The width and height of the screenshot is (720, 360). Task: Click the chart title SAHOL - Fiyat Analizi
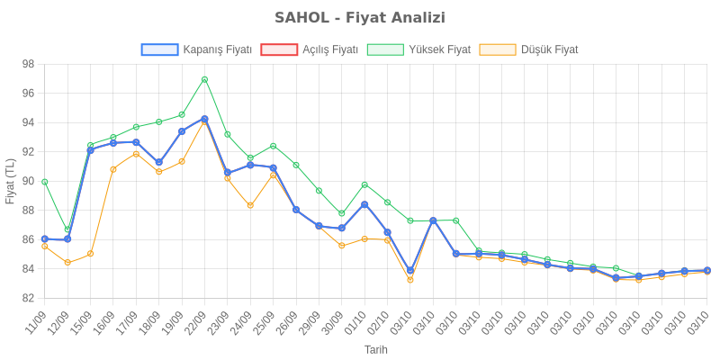(x=360, y=18)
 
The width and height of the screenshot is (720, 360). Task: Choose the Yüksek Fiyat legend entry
(x=419, y=50)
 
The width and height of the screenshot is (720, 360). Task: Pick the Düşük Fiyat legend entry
(x=529, y=50)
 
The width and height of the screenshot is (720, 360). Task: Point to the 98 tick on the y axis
(x=28, y=64)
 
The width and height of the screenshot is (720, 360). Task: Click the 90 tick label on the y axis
(x=28, y=181)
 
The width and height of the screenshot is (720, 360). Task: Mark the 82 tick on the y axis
(x=28, y=298)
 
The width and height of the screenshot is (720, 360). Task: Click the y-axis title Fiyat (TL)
(x=10, y=181)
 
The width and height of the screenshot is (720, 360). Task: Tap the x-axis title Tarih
(x=376, y=349)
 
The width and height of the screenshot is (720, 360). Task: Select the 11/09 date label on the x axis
(x=36, y=320)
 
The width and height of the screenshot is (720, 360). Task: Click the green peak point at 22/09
(x=204, y=79)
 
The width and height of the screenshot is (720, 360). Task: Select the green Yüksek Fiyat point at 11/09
(x=45, y=182)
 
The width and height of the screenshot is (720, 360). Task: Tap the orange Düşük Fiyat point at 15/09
(x=91, y=254)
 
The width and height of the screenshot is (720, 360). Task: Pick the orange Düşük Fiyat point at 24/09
(x=250, y=205)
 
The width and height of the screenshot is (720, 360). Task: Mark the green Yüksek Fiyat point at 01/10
(x=364, y=184)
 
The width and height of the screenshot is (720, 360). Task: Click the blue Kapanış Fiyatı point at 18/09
(x=158, y=163)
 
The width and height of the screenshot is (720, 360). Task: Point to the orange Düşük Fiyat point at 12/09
(x=67, y=262)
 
